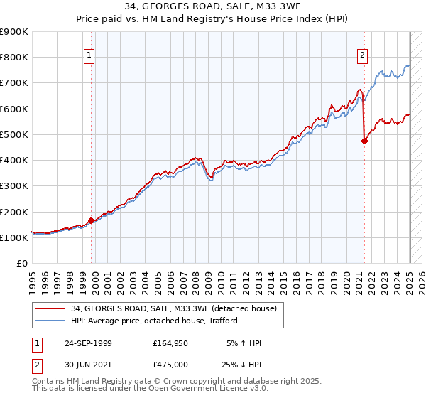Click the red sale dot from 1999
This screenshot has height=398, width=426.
point(92,221)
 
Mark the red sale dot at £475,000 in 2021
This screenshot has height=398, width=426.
point(365,141)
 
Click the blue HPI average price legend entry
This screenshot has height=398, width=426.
point(153,321)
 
